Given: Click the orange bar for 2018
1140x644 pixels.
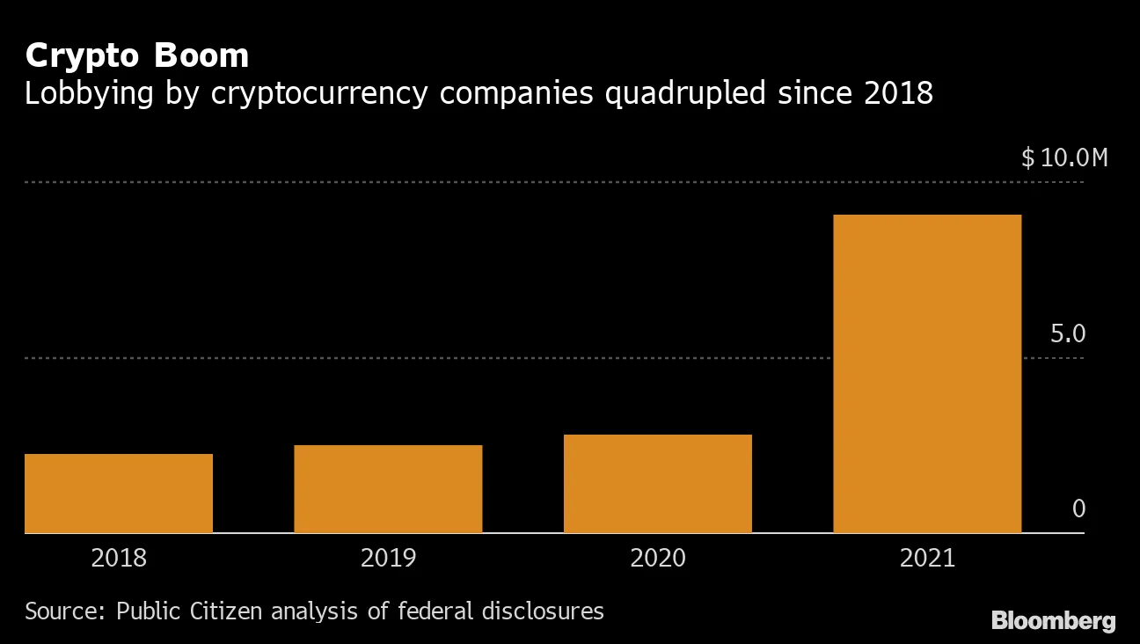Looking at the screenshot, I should coord(119,494).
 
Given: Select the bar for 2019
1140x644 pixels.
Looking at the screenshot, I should coord(388,489).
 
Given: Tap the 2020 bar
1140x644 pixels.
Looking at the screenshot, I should coord(657,484).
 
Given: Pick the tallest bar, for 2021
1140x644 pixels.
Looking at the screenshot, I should coord(927,374).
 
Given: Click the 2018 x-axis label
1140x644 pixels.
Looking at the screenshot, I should coord(119,559).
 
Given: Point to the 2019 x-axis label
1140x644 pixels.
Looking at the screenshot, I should coord(388,559).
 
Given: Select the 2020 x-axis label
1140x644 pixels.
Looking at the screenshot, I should coord(657,559).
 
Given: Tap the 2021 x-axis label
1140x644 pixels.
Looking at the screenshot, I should coord(927,559).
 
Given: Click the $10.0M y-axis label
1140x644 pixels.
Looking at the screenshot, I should coord(1064,158).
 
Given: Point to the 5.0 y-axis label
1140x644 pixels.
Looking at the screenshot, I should coord(1068,334).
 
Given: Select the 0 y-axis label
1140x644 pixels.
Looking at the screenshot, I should coord(1079,509).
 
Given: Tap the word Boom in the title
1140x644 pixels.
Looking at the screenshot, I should coord(202,55).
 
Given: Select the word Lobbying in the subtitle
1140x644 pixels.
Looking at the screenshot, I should coord(86,93).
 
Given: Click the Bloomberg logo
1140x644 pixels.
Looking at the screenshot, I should coord(1053,621).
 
